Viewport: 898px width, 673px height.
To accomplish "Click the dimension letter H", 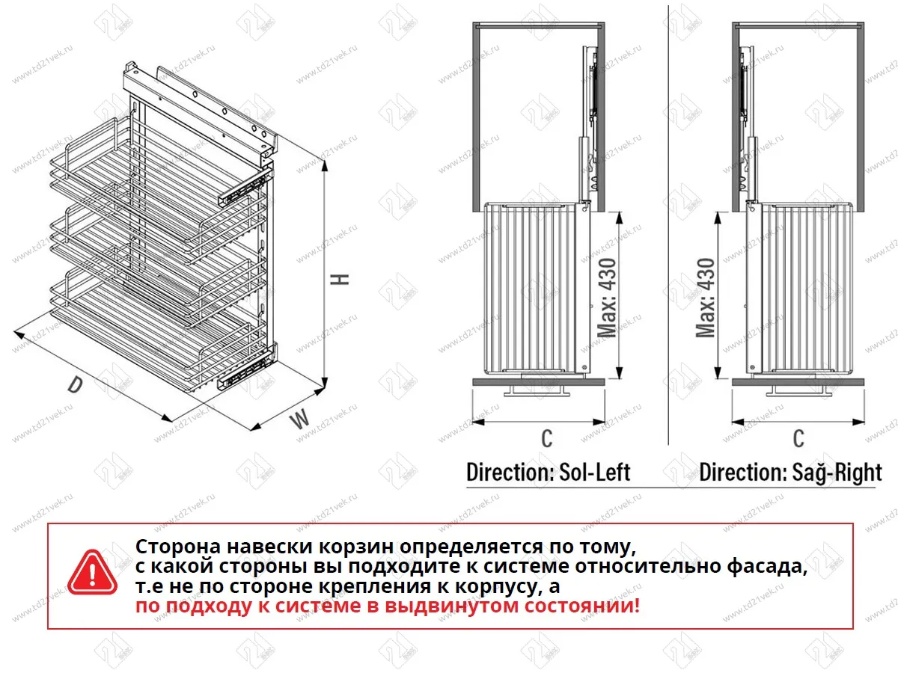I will tap(340, 278).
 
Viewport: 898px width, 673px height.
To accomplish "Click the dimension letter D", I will tap(74, 385).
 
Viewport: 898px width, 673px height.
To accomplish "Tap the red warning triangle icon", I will tap(93, 574).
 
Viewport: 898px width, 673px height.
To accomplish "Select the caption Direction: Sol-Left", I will tap(548, 472).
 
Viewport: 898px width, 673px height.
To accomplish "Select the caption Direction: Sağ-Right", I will tap(790, 472).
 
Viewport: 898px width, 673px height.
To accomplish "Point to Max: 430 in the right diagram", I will tap(705, 297).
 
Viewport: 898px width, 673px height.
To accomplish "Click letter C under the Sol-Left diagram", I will tap(547, 438).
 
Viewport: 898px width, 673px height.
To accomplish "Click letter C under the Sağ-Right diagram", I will tap(798, 438).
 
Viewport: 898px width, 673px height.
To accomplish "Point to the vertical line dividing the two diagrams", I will tap(668, 224).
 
